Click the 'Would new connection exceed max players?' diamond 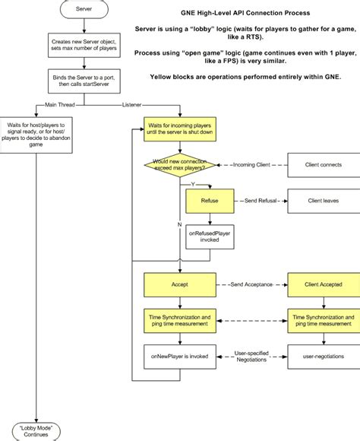click(180, 164)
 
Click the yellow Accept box click(180, 287)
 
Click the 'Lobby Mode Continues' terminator click(36, 430)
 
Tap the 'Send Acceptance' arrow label click(251, 287)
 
